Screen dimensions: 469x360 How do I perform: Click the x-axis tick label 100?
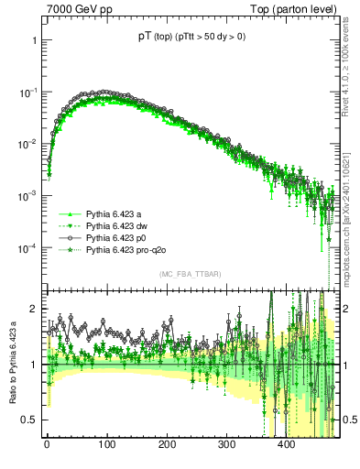(x=106, y=443)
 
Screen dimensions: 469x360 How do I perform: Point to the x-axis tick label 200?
(x=167, y=443)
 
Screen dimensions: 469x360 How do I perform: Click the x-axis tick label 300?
(x=226, y=443)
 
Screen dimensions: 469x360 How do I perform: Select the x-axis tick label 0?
(x=47, y=443)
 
